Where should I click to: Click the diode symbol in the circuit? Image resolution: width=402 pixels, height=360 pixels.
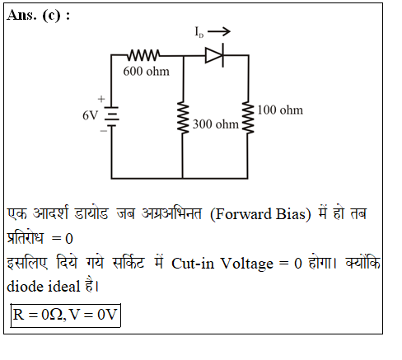tap(215, 55)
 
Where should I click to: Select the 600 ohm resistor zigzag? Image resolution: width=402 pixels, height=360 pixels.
tap(143, 55)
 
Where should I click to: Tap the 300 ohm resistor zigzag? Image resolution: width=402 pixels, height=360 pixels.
tap(183, 118)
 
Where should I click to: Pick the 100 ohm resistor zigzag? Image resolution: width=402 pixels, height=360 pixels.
tap(248, 118)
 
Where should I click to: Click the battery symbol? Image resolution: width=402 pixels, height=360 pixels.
tap(111, 117)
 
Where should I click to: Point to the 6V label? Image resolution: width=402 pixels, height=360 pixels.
tap(90, 115)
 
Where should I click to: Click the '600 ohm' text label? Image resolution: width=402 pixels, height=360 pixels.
tap(146, 72)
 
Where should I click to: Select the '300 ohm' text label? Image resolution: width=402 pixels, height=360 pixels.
tap(216, 124)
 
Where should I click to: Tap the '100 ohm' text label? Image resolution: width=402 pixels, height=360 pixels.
tap(280, 110)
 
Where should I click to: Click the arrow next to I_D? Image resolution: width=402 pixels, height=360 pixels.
tap(219, 31)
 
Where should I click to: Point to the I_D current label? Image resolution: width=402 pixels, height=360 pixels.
tap(199, 32)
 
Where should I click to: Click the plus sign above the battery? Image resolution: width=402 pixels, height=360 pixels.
tap(101, 99)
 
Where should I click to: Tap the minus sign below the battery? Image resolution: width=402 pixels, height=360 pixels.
tap(104, 131)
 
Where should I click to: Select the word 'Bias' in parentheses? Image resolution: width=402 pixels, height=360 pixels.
tap(291, 214)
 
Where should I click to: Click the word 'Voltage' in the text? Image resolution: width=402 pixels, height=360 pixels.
tap(247, 264)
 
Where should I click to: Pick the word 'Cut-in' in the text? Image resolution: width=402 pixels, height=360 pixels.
tap(193, 264)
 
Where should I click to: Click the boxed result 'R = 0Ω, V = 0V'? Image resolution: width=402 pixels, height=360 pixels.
tap(65, 315)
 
